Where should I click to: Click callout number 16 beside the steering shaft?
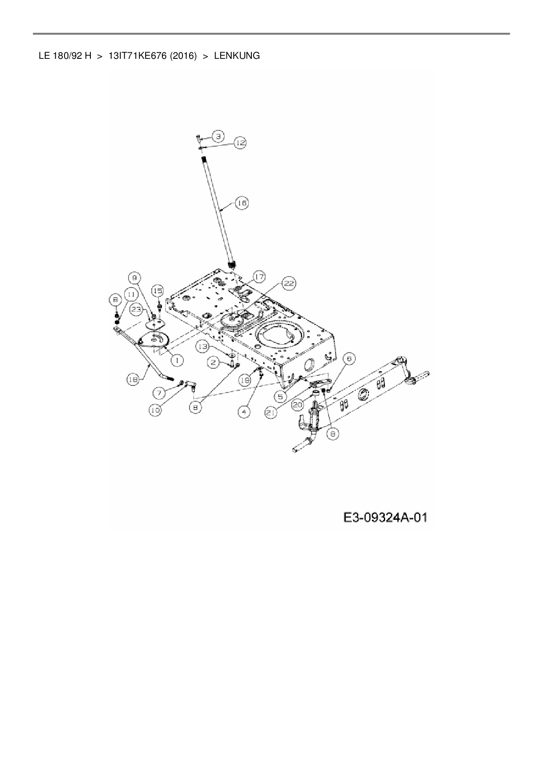coord(242,203)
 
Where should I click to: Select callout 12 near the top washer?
coord(240,143)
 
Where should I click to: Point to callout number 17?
coord(259,277)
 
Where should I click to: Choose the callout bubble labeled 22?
coord(288,284)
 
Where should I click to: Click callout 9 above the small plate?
coord(134,277)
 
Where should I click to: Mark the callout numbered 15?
coord(157,291)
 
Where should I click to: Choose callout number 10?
coord(155,410)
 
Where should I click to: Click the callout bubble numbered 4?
coord(244,412)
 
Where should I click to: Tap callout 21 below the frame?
coord(272,412)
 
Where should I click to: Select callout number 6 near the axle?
coord(349,359)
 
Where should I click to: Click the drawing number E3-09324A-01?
coord(385,518)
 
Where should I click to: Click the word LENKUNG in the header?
coord(237,56)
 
